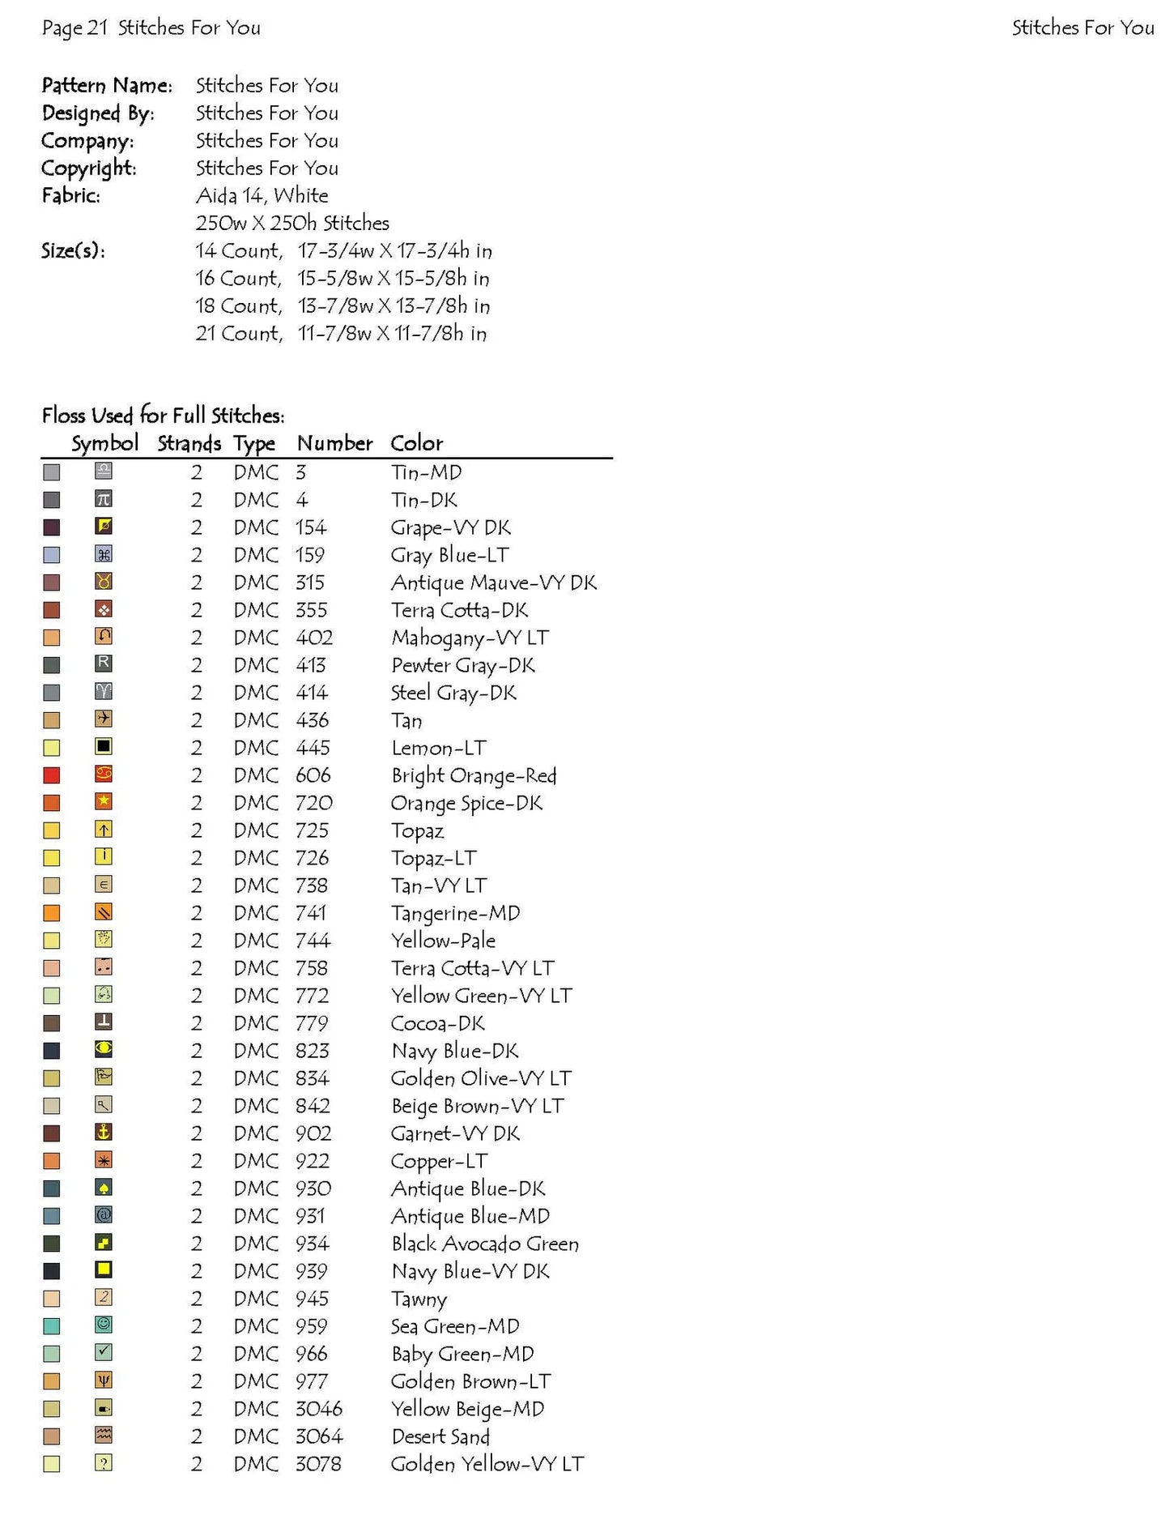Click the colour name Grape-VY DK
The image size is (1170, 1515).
pyautogui.click(x=450, y=527)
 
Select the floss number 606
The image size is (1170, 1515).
pyautogui.click(x=313, y=775)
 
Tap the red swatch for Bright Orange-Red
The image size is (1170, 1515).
pyautogui.click(x=52, y=776)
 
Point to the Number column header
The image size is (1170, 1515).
pyautogui.click(x=334, y=443)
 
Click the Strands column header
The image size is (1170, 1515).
pyautogui.click(x=189, y=443)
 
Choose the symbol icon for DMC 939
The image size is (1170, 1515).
pyautogui.click(x=104, y=1270)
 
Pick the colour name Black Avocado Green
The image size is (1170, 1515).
pyautogui.click(x=484, y=1244)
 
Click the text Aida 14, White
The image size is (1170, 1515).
pyautogui.click(x=262, y=195)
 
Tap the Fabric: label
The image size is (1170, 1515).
pyautogui.click(x=71, y=195)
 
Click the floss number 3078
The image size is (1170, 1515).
pyautogui.click(x=318, y=1464)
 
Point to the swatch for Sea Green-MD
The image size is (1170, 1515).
pyautogui.click(x=52, y=1327)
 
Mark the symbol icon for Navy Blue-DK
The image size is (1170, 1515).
pyautogui.click(x=104, y=1049)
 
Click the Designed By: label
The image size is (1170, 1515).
pyautogui.click(x=98, y=113)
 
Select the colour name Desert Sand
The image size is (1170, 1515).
pyautogui.click(x=440, y=1436)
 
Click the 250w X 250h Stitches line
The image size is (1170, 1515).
pyautogui.click(x=292, y=223)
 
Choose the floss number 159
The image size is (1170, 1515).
pyautogui.click(x=309, y=555)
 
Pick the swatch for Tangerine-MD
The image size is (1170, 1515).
pyautogui.click(x=52, y=914)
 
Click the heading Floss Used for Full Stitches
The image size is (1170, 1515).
pyautogui.click(x=164, y=416)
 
